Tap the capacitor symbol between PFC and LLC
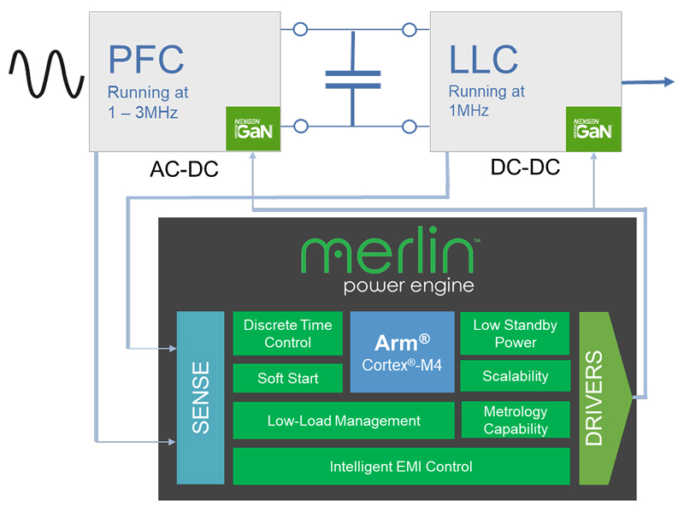353,79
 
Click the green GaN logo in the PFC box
253,129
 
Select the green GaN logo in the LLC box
593,129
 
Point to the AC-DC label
184,169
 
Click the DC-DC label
525,167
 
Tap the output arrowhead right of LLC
669,81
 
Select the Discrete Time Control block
288,333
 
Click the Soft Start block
288,378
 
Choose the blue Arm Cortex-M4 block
402,351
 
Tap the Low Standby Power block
516,333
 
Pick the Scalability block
516,375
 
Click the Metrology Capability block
516,420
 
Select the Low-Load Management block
344,421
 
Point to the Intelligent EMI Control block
401,466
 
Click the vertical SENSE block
201,397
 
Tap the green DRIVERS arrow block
604,397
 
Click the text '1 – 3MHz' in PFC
143,113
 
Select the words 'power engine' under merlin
409,286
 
